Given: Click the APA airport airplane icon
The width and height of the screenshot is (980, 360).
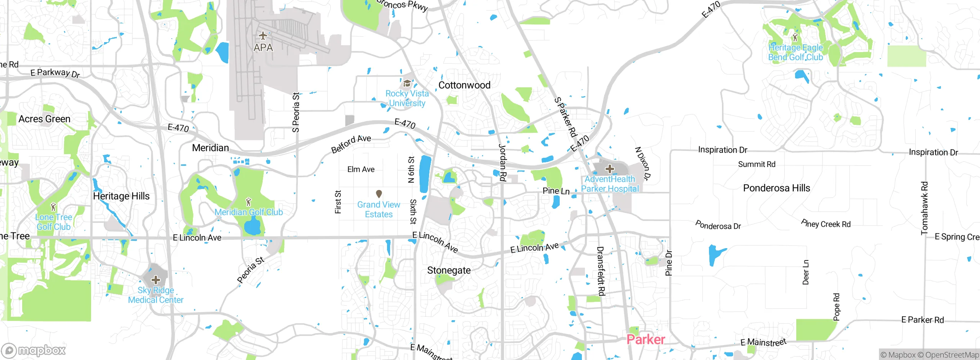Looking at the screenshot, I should (x=263, y=36).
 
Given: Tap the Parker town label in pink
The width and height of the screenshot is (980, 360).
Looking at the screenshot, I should (x=646, y=340).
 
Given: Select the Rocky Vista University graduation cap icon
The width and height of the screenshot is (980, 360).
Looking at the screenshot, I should (x=407, y=83).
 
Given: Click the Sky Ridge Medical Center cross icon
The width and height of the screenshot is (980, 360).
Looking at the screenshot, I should (x=156, y=280).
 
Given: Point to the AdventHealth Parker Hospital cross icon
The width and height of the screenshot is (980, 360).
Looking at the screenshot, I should (x=610, y=169).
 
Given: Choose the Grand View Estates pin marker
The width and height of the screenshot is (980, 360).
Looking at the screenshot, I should (x=379, y=194).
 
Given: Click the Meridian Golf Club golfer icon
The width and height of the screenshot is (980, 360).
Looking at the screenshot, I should (x=249, y=201).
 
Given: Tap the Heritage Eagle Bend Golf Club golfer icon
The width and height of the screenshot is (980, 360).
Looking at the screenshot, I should (x=795, y=38).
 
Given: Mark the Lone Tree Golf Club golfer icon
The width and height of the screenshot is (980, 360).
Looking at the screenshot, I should (x=54, y=207).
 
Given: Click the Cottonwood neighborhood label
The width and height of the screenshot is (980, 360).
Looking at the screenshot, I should (x=464, y=85).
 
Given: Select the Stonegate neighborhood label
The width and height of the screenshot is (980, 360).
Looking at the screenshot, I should (x=449, y=270).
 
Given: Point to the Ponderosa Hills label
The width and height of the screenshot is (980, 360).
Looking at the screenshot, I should (x=776, y=188).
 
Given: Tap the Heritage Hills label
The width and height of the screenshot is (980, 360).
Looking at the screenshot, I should (x=121, y=196).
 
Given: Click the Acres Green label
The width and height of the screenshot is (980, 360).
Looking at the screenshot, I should (x=44, y=119).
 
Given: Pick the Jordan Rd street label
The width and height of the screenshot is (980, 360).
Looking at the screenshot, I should (x=503, y=162).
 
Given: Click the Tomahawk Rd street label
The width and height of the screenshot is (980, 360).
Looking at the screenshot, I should (x=924, y=208).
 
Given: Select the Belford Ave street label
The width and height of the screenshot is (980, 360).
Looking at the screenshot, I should (x=351, y=144).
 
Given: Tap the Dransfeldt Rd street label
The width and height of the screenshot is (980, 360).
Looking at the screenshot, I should (x=601, y=271).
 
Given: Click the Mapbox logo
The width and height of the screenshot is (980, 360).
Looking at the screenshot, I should (x=34, y=350).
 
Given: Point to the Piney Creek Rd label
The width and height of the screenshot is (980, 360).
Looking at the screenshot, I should (x=826, y=224).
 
